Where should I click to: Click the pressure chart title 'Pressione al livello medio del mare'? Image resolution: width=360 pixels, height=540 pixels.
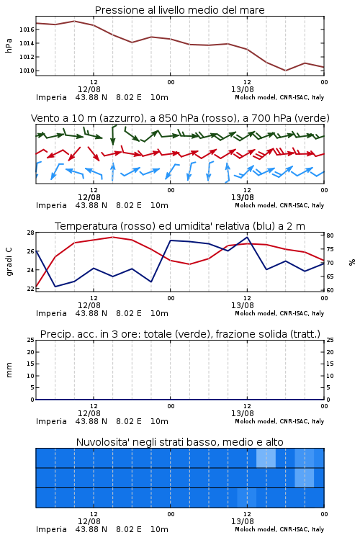[x=179, y=10]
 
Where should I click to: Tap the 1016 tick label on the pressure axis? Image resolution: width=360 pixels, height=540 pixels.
[x=27, y=30]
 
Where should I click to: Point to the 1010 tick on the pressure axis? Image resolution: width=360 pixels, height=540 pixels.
[x=27, y=71]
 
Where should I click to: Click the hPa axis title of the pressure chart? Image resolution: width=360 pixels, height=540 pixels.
[x=9, y=45]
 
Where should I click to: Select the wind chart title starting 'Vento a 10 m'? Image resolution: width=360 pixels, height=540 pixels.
[x=180, y=118]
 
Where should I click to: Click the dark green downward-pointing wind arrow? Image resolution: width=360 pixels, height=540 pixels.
[x=112, y=135]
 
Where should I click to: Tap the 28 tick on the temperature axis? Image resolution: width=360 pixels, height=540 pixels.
[x=31, y=233]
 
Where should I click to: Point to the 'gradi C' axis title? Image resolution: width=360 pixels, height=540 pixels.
[x=9, y=262]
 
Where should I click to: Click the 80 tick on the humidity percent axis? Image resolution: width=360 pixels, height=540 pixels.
[x=330, y=235]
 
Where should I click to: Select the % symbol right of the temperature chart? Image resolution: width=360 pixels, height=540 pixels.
[x=352, y=262]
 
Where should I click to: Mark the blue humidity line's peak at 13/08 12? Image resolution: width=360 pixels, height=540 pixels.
[x=247, y=237]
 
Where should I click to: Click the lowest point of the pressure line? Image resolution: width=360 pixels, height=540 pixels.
[x=285, y=71]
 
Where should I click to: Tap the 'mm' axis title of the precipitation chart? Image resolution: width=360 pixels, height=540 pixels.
[x=9, y=370]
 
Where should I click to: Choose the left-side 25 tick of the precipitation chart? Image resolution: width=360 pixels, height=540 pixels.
[x=31, y=340]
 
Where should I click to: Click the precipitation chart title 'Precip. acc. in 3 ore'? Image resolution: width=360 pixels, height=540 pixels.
[x=180, y=334]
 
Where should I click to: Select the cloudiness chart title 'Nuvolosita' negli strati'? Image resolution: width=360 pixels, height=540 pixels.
[x=179, y=442]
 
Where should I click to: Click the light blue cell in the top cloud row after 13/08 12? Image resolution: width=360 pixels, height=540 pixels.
[x=266, y=458]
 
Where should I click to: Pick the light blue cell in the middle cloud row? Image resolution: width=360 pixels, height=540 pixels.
[x=304, y=477]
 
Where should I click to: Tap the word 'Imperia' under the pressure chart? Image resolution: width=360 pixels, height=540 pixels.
[x=51, y=97]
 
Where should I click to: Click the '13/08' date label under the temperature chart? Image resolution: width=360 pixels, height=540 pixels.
[x=243, y=305]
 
